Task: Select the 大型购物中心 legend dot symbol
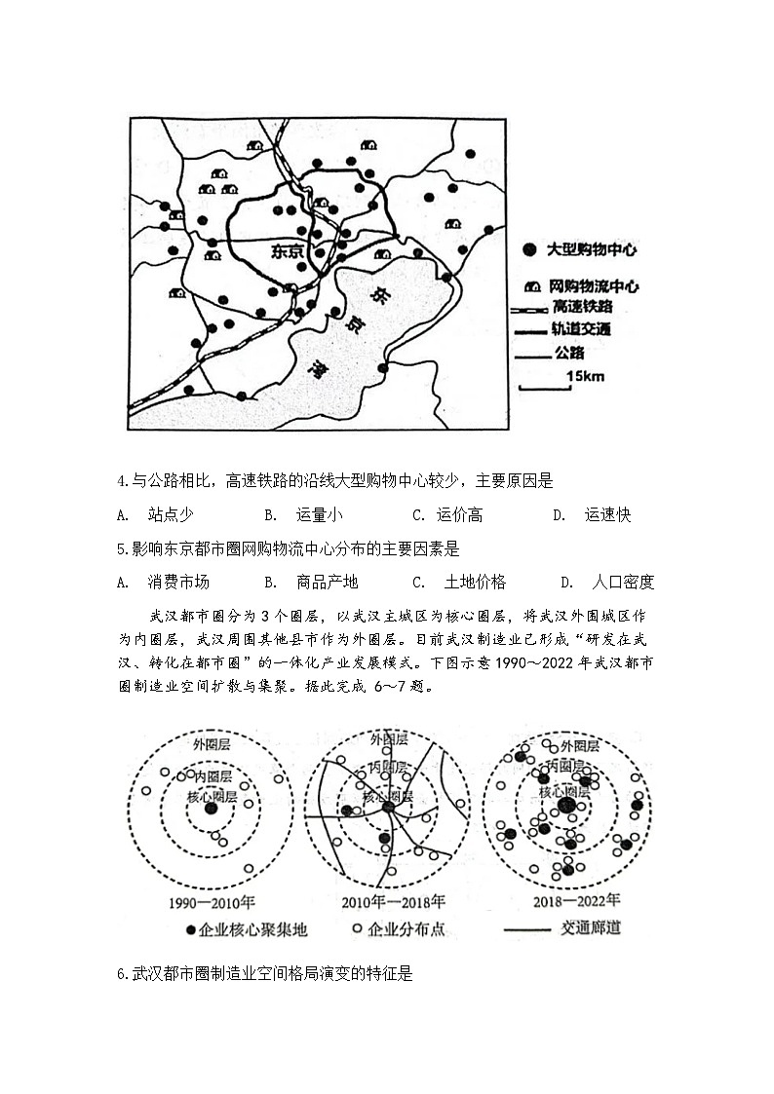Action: click(528, 250)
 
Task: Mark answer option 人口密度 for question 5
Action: click(622, 583)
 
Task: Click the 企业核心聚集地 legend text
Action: click(252, 929)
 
